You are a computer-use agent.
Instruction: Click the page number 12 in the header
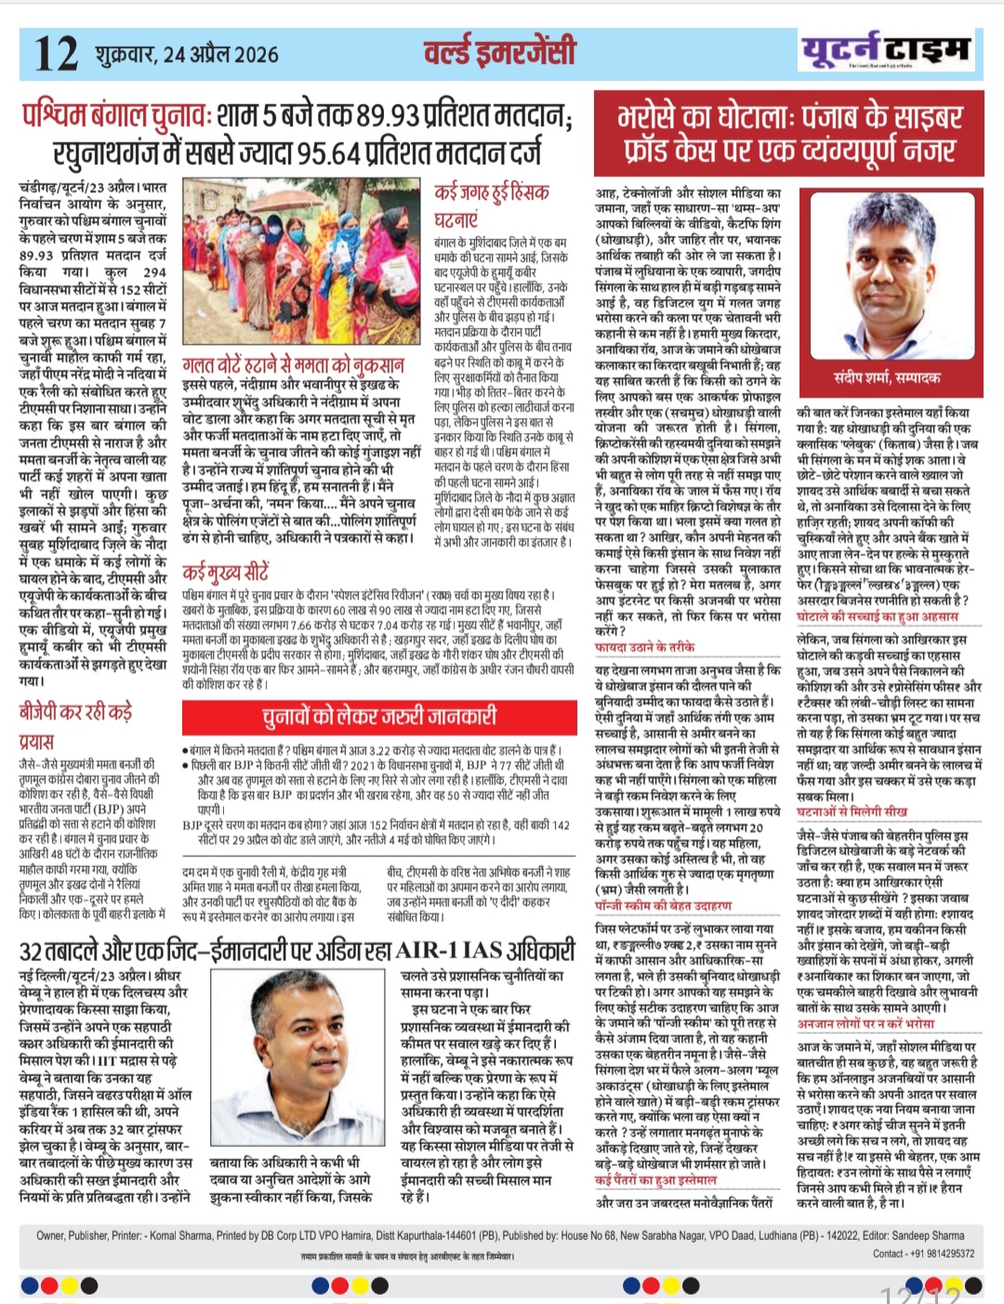[x=56, y=53]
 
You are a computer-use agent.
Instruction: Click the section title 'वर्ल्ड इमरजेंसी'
[x=499, y=52]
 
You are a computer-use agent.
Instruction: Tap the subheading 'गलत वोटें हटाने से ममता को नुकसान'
[x=293, y=364]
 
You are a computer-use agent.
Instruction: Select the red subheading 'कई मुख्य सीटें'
[x=226, y=572]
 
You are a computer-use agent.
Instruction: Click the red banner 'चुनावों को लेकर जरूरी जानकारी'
[x=378, y=716]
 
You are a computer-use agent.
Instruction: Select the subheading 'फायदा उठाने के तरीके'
[x=644, y=646]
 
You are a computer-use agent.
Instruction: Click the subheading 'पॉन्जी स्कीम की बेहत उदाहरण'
[x=663, y=904]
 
